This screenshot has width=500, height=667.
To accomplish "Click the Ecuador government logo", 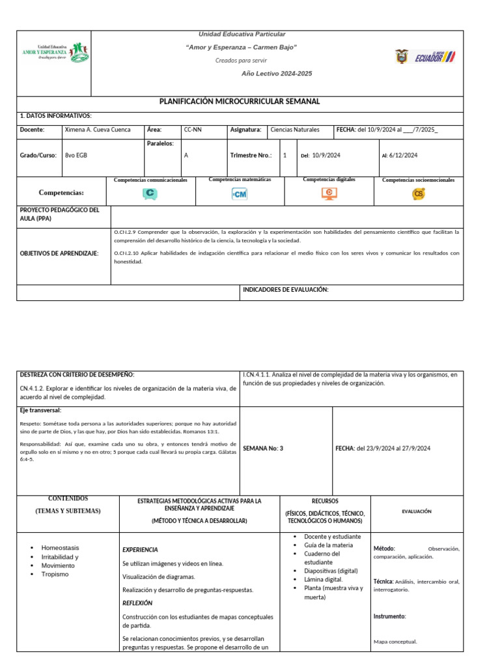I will click(425, 57).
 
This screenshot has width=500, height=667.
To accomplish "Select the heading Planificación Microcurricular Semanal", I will click(240, 102).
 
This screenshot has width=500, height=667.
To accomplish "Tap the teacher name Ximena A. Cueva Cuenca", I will click(98, 130).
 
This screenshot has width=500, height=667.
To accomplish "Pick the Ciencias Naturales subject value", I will click(294, 130).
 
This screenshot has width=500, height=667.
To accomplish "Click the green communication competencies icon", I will click(150, 193).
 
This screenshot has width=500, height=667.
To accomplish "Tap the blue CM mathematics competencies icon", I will click(240, 194).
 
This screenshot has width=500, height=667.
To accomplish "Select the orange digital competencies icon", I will click(329, 193).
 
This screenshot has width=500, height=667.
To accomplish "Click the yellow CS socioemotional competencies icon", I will click(418, 193).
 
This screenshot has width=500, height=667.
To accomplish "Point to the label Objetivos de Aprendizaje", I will click(59, 253).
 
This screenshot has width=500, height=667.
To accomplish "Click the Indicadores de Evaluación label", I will click(285, 289).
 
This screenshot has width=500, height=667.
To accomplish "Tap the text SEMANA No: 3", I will click(263, 448).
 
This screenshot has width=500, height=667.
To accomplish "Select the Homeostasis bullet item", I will click(61, 548).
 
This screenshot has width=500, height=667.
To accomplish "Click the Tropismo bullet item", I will click(55, 574).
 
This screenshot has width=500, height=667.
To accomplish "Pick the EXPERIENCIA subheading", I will click(140, 550).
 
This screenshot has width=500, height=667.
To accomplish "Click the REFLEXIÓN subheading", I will click(137, 603).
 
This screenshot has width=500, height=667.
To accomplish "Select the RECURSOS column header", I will click(325, 501).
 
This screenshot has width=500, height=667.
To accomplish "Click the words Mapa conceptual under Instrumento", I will click(395, 642).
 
